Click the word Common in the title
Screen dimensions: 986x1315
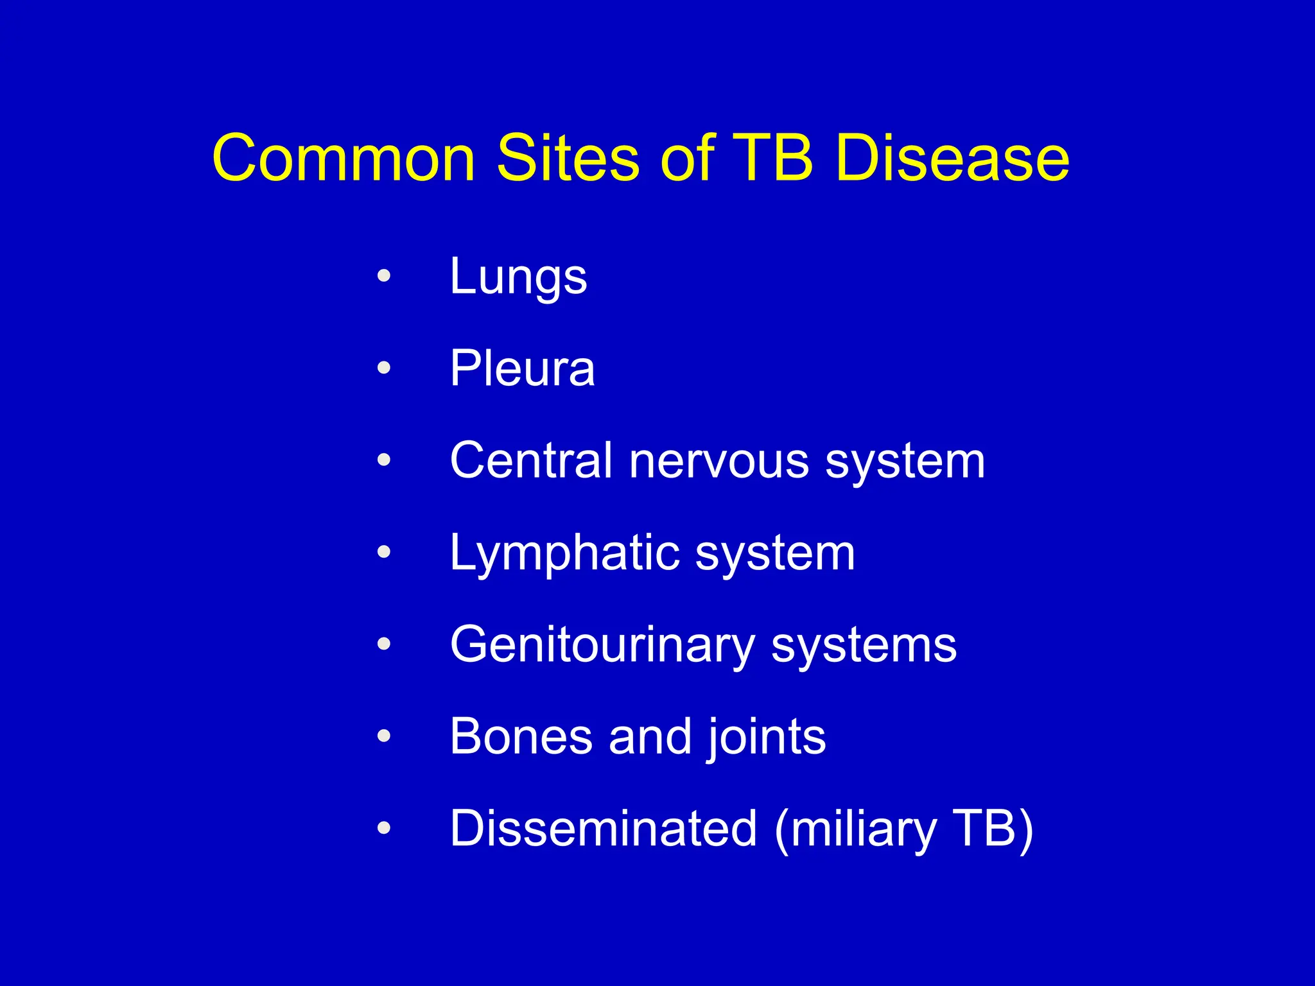click(x=344, y=159)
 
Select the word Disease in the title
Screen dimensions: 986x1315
click(x=952, y=159)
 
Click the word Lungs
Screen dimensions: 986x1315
click(x=518, y=277)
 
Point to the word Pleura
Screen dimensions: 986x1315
click(x=522, y=369)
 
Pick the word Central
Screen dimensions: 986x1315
click(x=531, y=460)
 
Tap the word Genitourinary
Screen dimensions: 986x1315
click(x=602, y=645)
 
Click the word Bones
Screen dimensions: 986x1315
click(x=521, y=736)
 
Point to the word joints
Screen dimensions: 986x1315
click(x=767, y=738)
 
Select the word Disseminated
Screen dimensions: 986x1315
click(x=604, y=828)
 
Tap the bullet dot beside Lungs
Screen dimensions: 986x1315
click(x=384, y=276)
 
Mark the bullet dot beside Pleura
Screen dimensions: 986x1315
click(x=384, y=368)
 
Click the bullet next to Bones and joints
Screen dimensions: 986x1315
click(x=384, y=736)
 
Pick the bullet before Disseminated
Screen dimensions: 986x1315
click(x=384, y=827)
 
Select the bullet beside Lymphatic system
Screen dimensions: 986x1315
click(x=384, y=551)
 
